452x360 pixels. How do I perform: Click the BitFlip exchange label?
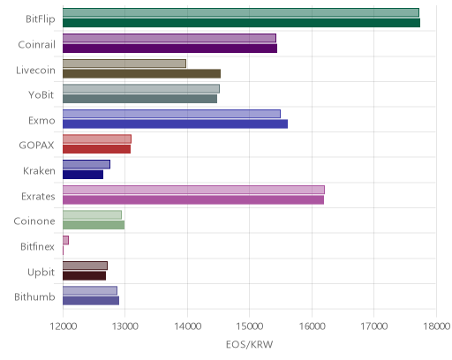41,19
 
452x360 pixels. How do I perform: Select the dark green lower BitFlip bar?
241,23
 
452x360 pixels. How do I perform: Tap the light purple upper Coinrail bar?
169,38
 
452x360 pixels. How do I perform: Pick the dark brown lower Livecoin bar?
141,73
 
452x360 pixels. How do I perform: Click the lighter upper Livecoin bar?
124,64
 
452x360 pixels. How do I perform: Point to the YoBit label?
41,95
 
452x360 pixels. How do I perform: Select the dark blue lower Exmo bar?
175,124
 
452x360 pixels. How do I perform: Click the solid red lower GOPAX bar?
96,149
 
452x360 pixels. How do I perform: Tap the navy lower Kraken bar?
83,175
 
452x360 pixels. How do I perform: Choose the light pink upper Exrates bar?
193,190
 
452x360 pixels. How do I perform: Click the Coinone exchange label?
34,221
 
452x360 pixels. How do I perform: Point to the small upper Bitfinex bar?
65,240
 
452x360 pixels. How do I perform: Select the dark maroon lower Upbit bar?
84,276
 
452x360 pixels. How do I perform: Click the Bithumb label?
34,297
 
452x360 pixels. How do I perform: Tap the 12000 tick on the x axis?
64,326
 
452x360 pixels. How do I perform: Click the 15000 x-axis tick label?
250,326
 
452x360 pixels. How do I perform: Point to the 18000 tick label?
437,326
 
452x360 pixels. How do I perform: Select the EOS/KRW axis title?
250,344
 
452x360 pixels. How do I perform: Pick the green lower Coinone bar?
94,225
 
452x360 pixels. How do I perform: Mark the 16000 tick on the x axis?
312,326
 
